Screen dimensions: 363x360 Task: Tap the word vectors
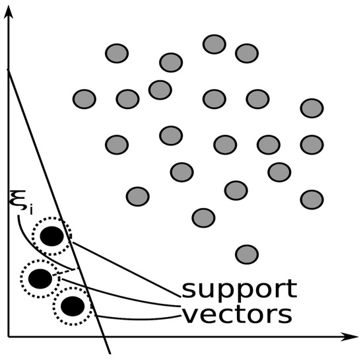click(238, 315)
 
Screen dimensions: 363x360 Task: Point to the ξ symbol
click(18, 199)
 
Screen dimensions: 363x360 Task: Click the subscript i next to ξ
click(31, 209)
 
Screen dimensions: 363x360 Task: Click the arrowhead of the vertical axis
click(9, 12)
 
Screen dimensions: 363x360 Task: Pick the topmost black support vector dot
click(52, 236)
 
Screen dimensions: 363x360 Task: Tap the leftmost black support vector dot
click(40, 279)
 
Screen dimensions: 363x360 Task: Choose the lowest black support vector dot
click(73, 306)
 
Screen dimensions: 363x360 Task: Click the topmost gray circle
click(214, 44)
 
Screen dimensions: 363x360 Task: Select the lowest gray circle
click(247, 254)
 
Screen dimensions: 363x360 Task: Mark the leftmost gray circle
click(84, 99)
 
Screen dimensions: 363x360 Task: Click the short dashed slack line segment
click(64, 272)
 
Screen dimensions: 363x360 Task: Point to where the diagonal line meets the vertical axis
click(9, 69)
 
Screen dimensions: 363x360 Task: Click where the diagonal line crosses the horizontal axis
click(104, 337)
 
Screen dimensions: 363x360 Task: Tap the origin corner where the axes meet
click(9, 337)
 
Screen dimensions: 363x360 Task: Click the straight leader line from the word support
click(126, 270)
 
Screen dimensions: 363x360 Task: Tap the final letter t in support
click(292, 289)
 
